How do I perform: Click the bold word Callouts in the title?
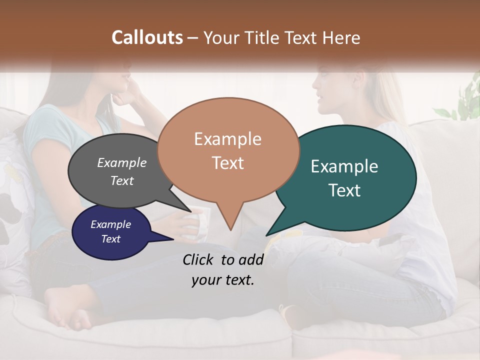click(x=147, y=37)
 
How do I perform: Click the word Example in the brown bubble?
click(x=227, y=139)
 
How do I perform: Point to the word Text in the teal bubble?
click(x=345, y=190)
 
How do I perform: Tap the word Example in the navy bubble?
click(x=110, y=224)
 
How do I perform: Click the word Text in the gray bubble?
click(x=122, y=181)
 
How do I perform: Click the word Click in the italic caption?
click(x=198, y=259)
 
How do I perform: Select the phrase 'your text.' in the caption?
click(x=223, y=280)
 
